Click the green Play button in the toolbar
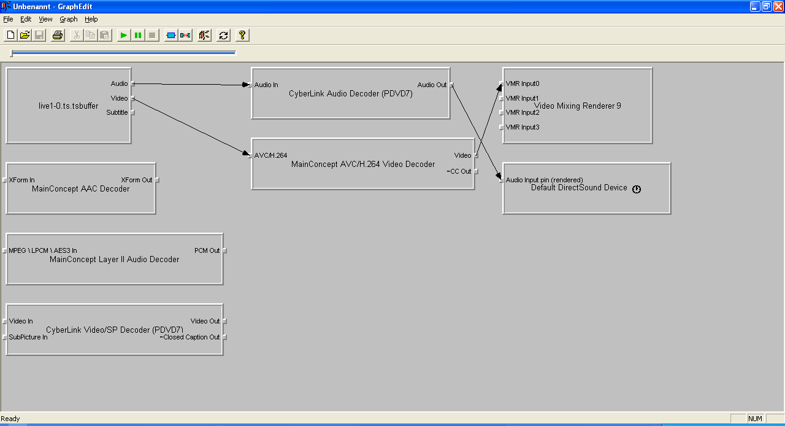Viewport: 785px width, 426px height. click(123, 35)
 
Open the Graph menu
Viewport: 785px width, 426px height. click(68, 19)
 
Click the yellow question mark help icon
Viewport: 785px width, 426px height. click(242, 35)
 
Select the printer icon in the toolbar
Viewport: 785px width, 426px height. click(58, 35)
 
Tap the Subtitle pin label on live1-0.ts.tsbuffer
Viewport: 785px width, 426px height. click(117, 113)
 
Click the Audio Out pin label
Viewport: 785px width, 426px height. click(432, 85)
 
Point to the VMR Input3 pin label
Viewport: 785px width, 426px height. click(522, 128)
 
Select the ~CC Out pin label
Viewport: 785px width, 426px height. click(459, 172)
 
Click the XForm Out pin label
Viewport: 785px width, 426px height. click(136, 180)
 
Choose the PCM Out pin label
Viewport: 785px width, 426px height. click(207, 250)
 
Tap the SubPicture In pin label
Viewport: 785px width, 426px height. click(28, 337)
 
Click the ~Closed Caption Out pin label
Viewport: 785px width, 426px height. click(190, 337)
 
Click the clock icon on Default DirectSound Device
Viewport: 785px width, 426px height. click(637, 189)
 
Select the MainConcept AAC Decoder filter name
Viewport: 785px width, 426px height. click(80, 189)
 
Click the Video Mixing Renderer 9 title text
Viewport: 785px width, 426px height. click(578, 106)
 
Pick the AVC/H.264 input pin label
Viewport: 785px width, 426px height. click(270, 155)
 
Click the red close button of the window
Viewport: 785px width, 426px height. click(778, 6)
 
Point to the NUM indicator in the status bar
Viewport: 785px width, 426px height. click(755, 419)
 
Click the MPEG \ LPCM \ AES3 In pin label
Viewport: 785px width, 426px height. click(43, 250)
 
